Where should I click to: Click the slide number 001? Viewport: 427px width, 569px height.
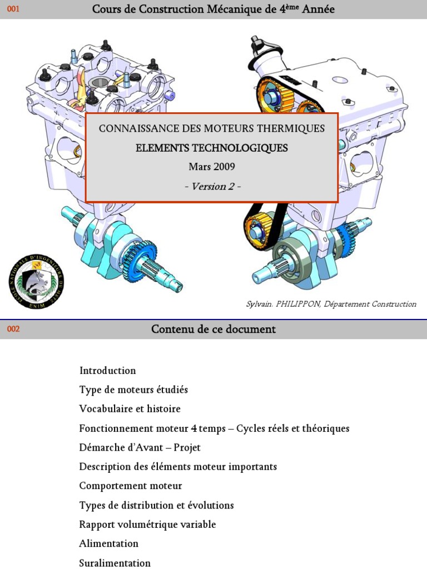coord(13,9)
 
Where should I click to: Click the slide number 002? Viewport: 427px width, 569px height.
coord(13,329)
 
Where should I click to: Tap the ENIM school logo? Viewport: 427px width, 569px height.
coord(36,281)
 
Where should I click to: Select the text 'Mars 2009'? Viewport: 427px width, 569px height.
coord(211,167)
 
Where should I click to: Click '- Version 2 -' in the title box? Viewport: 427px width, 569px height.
coord(211,186)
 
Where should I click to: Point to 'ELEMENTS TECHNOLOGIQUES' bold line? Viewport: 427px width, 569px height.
coord(212,148)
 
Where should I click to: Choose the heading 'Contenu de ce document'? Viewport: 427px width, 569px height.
coord(213,329)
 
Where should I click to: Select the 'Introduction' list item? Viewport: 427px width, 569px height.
coord(107,371)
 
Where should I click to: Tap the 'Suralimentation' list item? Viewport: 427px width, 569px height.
coord(115,563)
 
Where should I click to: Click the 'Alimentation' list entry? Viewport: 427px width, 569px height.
coord(108,543)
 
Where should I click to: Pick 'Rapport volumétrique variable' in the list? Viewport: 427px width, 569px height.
coord(147,525)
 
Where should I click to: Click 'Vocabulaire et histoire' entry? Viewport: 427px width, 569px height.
coord(130,409)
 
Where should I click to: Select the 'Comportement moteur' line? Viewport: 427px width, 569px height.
coord(131,486)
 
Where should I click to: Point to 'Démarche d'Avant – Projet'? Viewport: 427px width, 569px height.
coord(140,447)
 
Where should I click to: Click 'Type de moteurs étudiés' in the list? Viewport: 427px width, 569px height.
coord(133,390)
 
